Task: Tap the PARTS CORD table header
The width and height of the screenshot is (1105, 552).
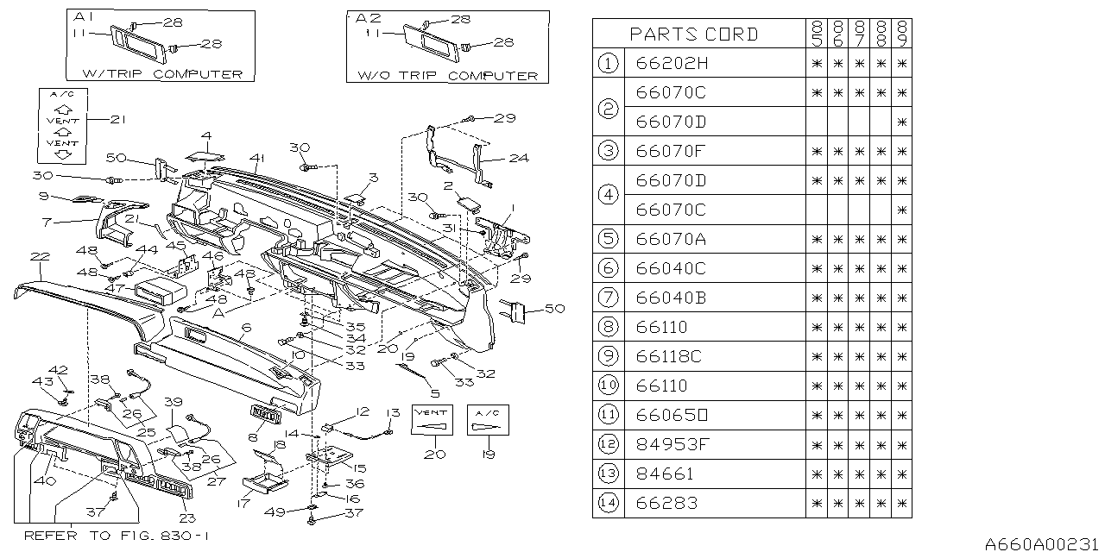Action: [x=694, y=34]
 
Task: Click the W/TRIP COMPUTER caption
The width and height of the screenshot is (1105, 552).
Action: [x=161, y=74]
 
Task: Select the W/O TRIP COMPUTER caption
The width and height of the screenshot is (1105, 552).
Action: [x=447, y=75]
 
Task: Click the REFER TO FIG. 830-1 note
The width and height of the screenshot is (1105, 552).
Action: [x=116, y=536]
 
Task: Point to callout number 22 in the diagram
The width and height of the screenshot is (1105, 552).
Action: [x=39, y=256]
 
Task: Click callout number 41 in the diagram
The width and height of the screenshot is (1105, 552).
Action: [x=257, y=158]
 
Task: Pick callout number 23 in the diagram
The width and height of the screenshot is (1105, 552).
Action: [x=187, y=518]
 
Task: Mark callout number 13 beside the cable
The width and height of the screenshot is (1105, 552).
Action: [x=394, y=412]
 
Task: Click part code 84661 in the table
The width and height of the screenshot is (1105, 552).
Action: [x=665, y=474]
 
